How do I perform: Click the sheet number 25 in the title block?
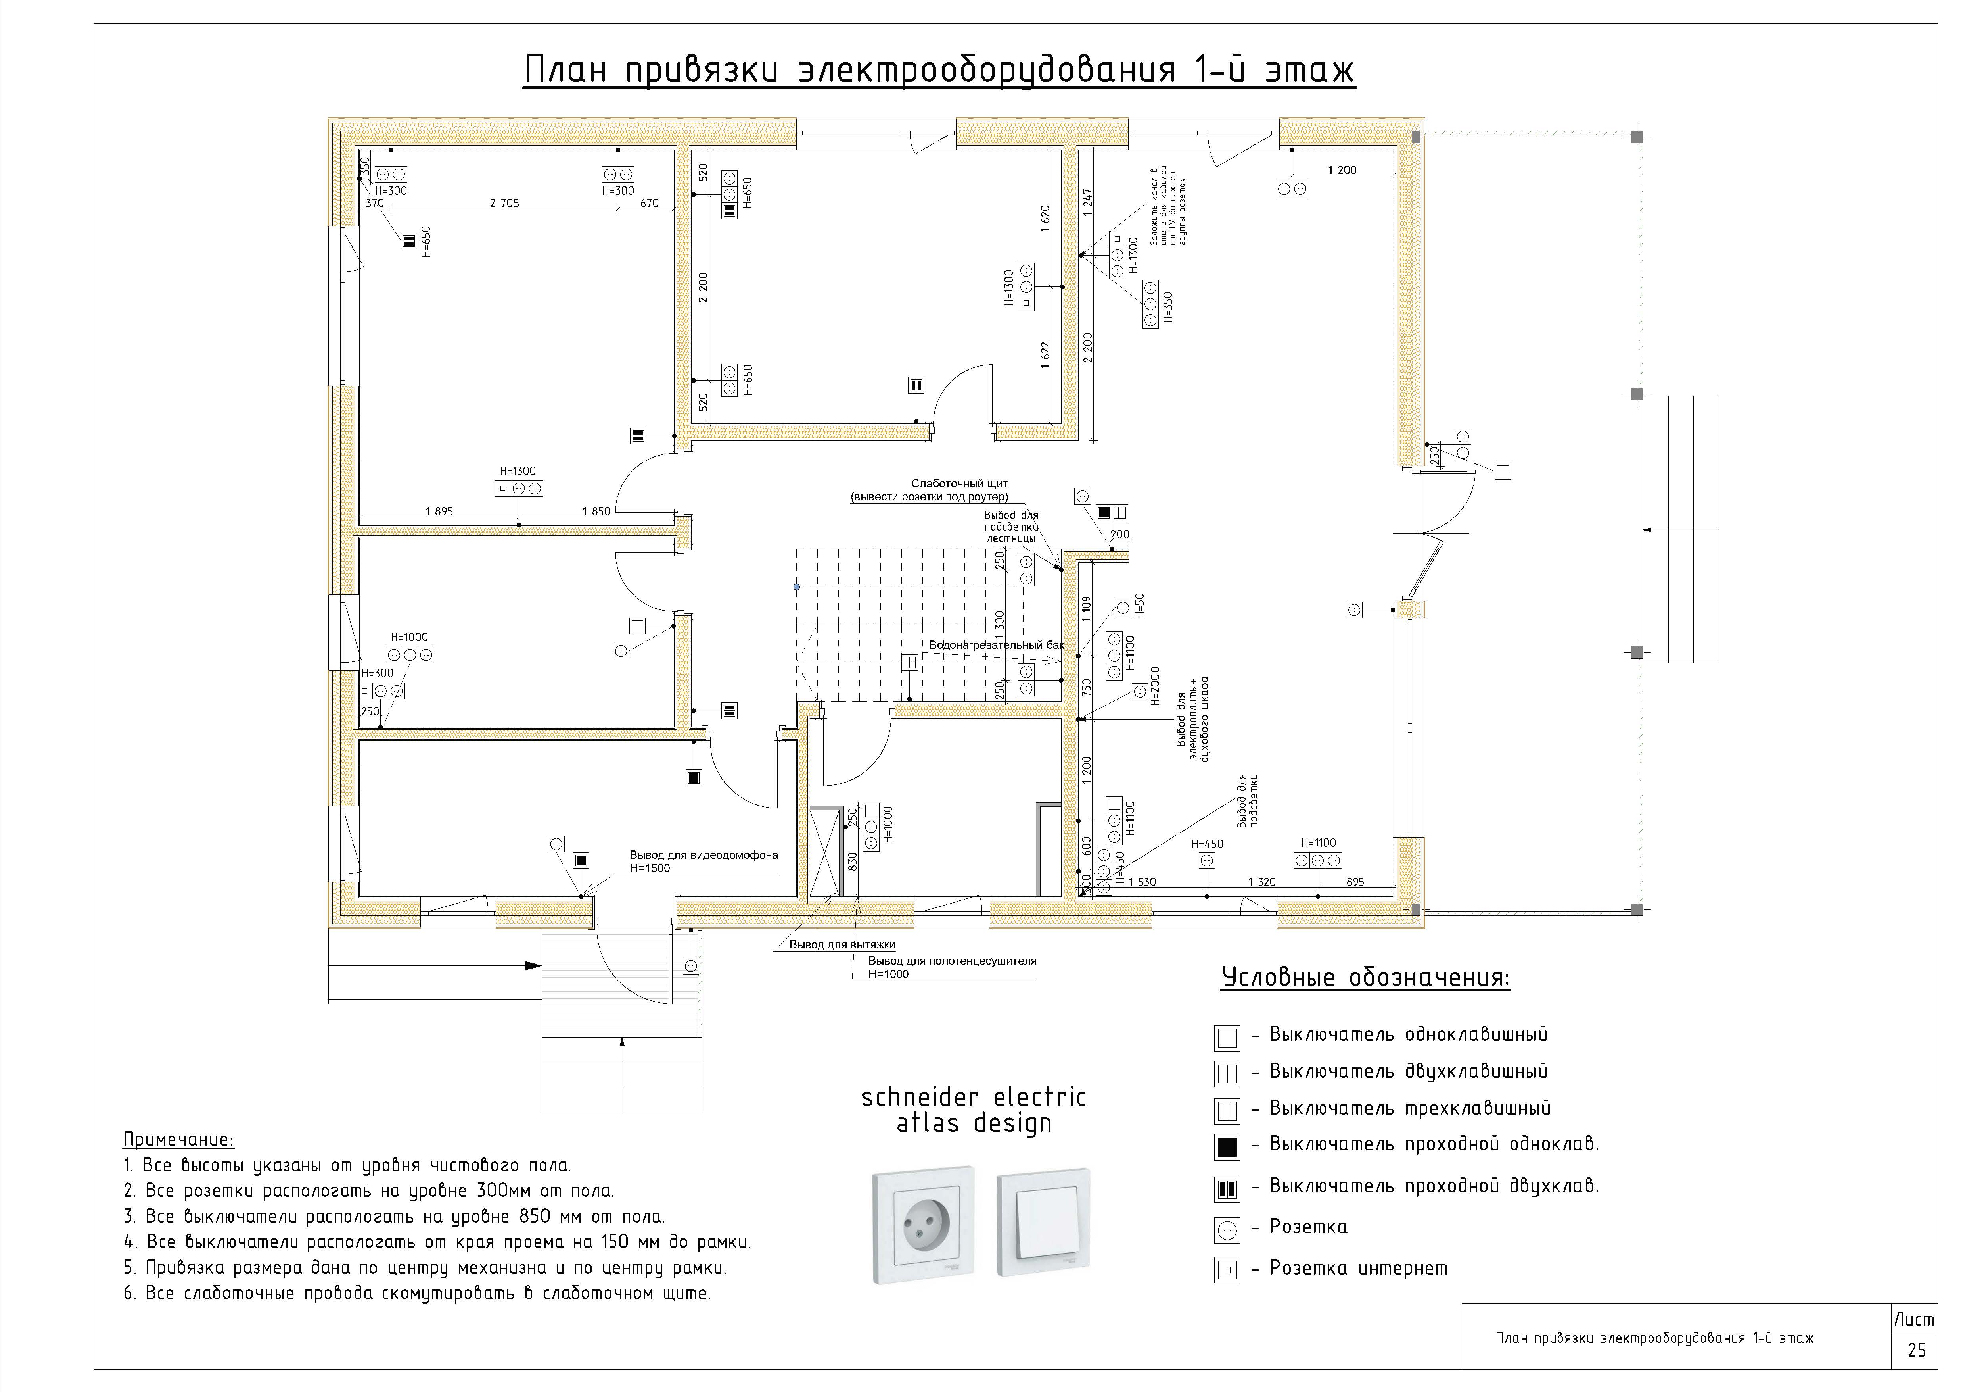(x=1917, y=1350)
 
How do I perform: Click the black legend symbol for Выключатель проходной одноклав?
(x=1227, y=1146)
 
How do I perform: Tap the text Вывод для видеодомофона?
(x=704, y=855)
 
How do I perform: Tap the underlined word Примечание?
(x=178, y=1140)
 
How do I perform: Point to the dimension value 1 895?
(x=439, y=512)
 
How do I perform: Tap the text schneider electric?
(x=973, y=1097)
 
